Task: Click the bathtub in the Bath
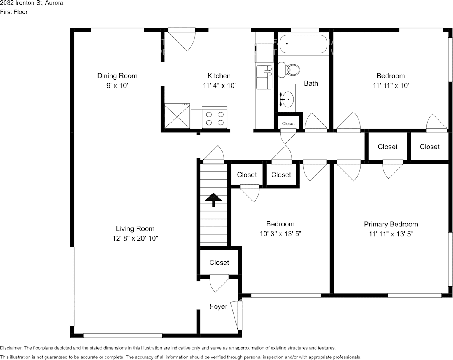click(x=303, y=44)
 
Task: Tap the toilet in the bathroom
click(x=289, y=70)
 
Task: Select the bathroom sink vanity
click(x=286, y=98)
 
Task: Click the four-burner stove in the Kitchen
click(x=215, y=118)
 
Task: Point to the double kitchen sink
click(x=264, y=77)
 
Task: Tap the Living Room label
click(x=135, y=229)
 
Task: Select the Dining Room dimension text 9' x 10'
click(x=117, y=86)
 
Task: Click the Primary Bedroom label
click(x=391, y=224)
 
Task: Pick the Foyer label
click(x=218, y=306)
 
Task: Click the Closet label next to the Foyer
click(x=219, y=263)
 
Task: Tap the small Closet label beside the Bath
click(x=288, y=123)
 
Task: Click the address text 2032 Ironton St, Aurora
click(x=32, y=3)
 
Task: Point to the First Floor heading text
click(x=14, y=12)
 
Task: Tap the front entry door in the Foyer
click(x=238, y=315)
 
